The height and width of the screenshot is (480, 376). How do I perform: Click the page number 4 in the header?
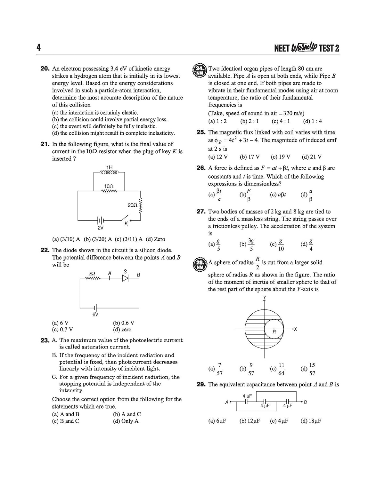[38, 48]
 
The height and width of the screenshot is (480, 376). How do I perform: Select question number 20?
[45, 68]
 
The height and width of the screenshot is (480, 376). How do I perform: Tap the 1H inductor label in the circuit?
[109, 167]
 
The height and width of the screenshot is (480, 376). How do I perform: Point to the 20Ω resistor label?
[132, 205]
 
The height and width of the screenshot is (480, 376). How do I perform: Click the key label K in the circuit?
[126, 224]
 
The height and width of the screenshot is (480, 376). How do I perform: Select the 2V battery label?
[101, 228]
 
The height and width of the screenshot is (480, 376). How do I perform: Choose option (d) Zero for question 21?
[156, 239]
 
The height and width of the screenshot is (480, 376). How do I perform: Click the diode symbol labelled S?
[125, 278]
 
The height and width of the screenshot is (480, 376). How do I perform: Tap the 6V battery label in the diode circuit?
[95, 315]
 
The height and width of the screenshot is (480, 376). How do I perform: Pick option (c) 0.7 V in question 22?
[62, 330]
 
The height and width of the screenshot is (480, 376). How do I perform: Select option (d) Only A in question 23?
[126, 421]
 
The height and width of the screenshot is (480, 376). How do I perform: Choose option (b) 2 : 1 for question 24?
[249, 121]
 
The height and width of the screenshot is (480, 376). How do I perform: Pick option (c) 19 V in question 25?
[281, 157]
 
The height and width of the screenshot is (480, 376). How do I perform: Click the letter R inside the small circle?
[274, 332]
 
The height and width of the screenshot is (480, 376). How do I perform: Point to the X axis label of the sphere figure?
[295, 329]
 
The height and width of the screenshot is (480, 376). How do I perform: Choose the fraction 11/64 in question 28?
[281, 369]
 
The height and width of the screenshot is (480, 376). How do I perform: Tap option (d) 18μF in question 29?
[311, 421]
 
